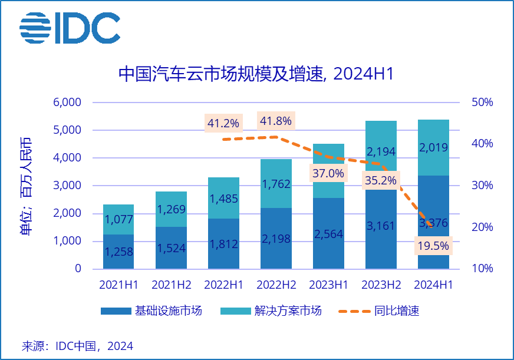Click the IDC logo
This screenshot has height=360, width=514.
[70, 28]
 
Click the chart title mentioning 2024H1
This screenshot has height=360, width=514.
[256, 74]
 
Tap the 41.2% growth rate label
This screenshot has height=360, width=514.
[223, 123]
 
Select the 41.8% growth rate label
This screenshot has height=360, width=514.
[275, 121]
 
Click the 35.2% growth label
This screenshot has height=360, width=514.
[380, 180]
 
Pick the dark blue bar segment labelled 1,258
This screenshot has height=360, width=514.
[118, 252]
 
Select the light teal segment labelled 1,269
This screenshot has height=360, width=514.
[171, 209]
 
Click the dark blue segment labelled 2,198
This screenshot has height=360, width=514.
[276, 239]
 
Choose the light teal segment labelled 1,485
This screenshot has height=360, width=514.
[223, 198]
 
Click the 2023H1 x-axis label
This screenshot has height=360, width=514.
[328, 285]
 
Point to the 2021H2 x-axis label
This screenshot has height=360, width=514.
[171, 285]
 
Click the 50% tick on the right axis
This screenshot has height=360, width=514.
[482, 103]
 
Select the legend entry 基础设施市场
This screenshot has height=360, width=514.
[151, 311]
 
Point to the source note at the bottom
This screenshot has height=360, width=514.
[77, 346]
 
